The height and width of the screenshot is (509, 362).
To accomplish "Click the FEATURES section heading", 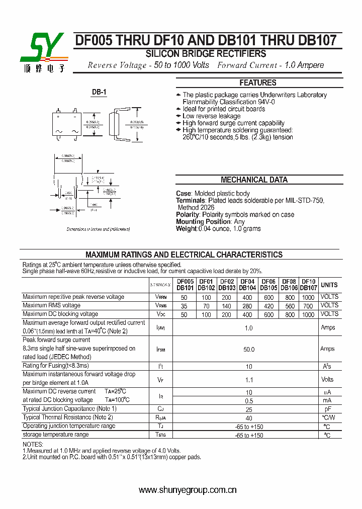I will (x=257, y=82).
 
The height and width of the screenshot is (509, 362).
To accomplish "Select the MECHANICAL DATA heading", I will (x=254, y=180).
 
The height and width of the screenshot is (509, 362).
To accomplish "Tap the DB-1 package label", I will (x=99, y=92).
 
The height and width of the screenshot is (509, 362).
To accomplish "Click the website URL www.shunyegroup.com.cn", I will (x=188, y=490).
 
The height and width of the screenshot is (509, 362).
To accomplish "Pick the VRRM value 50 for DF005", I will (x=184, y=297).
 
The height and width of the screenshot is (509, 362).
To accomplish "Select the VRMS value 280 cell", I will (x=247, y=306).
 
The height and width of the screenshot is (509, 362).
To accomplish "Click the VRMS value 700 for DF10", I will (x=308, y=306).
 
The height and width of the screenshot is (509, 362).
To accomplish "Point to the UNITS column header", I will (x=329, y=285).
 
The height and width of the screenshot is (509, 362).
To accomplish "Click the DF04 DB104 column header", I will (x=247, y=285).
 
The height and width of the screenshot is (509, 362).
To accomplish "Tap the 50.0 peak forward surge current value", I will (x=248, y=349).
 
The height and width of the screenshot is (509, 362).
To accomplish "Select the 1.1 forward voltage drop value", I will (x=248, y=380).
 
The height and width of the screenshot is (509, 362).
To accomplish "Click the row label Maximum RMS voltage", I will (x=51, y=305).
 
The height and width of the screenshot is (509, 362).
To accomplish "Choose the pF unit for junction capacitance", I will (x=327, y=409).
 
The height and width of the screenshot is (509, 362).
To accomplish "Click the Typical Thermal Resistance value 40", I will (x=248, y=418).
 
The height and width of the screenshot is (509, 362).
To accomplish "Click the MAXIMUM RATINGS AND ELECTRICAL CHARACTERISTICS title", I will (x=184, y=254).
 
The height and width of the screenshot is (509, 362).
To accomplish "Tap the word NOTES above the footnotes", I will (x=33, y=445).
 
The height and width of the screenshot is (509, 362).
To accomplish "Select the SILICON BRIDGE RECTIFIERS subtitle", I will (x=206, y=54).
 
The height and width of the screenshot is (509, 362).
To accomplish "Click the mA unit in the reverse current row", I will (x=327, y=400).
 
